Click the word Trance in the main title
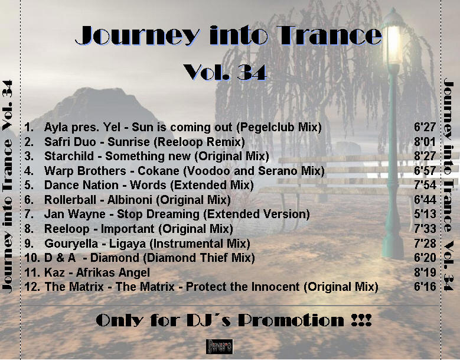[x=329, y=35]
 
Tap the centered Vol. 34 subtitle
[x=225, y=72]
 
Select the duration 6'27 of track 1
[x=425, y=127]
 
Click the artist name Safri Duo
[x=70, y=142]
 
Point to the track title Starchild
[x=69, y=156]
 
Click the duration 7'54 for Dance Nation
[x=425, y=185]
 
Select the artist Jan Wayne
[x=75, y=214]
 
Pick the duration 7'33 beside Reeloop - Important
[x=425, y=228]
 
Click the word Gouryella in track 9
[x=71, y=244]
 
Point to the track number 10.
[x=32, y=258]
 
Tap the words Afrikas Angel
[x=113, y=273]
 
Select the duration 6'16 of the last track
[x=425, y=286]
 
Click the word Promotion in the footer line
[x=291, y=320]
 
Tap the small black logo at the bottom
[x=220, y=346]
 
